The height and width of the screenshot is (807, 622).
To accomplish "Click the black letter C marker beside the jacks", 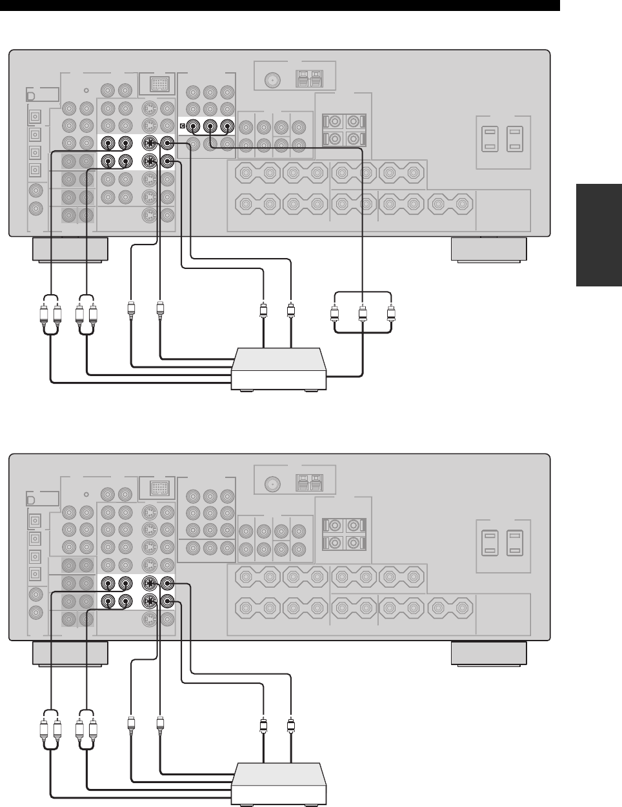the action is tap(183, 126).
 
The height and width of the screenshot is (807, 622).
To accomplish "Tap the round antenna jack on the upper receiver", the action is tap(272, 81).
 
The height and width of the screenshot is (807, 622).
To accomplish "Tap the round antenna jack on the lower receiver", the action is tap(272, 484).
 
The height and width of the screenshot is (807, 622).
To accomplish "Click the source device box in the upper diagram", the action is tap(279, 368).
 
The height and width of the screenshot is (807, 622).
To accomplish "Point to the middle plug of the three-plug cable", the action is tap(363, 315).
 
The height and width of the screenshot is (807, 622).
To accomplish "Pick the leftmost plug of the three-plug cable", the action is tap(335, 315).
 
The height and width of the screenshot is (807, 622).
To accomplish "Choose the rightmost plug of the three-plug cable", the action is tap(391, 315).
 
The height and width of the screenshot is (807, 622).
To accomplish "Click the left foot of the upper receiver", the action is tap(70, 250).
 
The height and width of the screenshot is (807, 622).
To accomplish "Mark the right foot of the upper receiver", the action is tap(488, 250).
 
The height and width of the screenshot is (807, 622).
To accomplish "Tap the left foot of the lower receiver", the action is tap(70, 653).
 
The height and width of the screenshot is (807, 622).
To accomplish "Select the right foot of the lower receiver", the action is tap(488, 653).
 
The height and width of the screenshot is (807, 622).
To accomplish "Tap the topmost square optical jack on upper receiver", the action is tap(33, 117).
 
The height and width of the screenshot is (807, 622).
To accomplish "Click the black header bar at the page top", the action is tap(279, 5).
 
